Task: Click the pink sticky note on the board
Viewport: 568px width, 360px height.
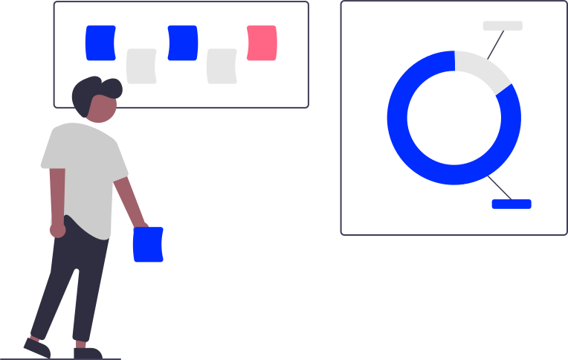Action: (x=262, y=42)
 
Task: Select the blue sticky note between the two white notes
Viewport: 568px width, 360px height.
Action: (x=182, y=42)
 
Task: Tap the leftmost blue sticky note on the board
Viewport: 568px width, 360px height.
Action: (x=100, y=42)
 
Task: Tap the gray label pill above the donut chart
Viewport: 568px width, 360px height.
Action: (x=503, y=26)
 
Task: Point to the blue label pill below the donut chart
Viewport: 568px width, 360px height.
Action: (x=511, y=204)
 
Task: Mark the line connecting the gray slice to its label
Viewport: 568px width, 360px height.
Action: (x=496, y=43)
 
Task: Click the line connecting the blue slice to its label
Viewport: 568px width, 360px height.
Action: (x=499, y=187)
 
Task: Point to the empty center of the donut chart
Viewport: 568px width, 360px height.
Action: (x=454, y=118)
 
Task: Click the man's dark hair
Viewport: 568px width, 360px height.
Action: (x=94, y=90)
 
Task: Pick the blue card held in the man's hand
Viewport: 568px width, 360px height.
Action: (x=148, y=245)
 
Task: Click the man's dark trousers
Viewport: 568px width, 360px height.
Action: (x=71, y=283)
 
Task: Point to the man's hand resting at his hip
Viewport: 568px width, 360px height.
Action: (x=57, y=230)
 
